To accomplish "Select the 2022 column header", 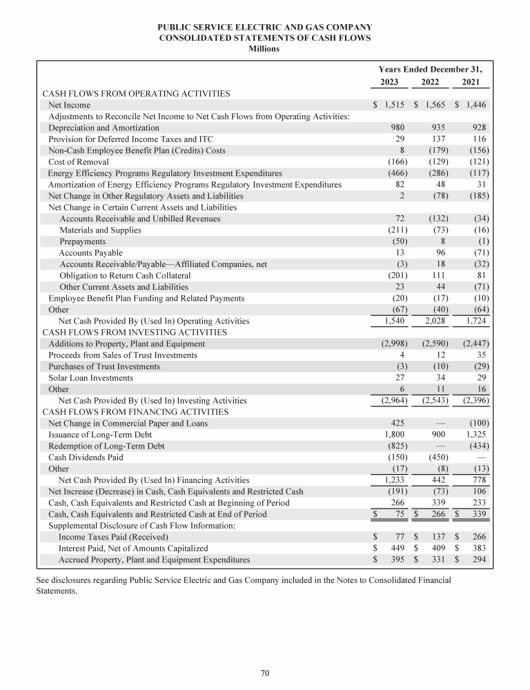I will pyautogui.click(x=431, y=82).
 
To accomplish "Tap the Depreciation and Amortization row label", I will pyautogui.click(x=104, y=128).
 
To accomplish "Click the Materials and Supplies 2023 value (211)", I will pyautogui.click(x=395, y=230).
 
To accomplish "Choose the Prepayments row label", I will pyautogui.click(x=82, y=241).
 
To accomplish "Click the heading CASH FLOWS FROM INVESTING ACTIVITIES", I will pyautogui.click(x=136, y=332).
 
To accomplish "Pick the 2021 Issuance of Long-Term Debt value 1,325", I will pyautogui.click(x=475, y=434).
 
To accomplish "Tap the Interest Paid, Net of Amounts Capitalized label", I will pyautogui.click(x=132, y=548).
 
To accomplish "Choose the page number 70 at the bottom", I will pyautogui.click(x=264, y=673).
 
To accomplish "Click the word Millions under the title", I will pyautogui.click(x=264, y=48).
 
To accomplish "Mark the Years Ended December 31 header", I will pyautogui.click(x=431, y=69).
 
